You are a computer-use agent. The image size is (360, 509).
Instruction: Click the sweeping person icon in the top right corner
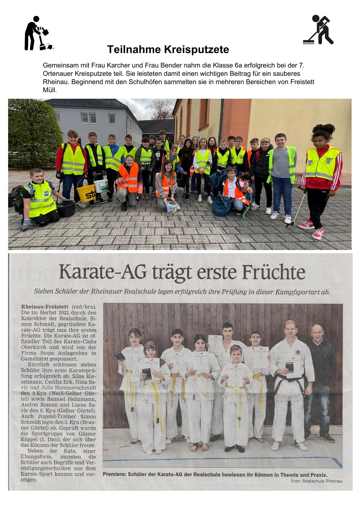(318, 30)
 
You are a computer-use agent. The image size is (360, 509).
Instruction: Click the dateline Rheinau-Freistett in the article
(45, 307)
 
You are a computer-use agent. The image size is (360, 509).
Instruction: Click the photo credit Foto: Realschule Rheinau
(316, 481)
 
